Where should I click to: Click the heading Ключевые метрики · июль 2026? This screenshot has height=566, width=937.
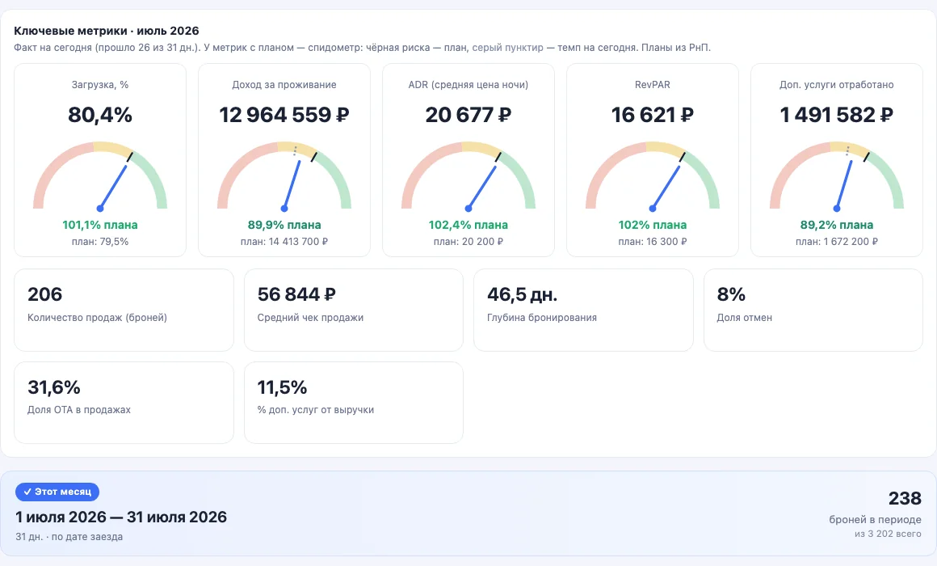[x=107, y=31]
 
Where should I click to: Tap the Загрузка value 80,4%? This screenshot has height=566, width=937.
[x=100, y=114]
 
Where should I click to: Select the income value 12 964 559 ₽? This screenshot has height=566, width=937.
[x=284, y=114]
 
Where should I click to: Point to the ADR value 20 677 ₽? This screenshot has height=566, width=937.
[x=468, y=114]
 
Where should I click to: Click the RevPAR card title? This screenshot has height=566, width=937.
[x=653, y=85]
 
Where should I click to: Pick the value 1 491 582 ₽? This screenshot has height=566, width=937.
[x=837, y=114]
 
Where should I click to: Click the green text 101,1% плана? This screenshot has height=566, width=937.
[x=100, y=225]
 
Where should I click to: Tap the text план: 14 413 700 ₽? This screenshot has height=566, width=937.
[x=284, y=242]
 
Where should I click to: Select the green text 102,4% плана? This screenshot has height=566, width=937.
[x=468, y=225]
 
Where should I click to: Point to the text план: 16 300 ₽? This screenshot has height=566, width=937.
[x=653, y=242]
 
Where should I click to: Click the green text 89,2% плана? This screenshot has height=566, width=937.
[x=837, y=225]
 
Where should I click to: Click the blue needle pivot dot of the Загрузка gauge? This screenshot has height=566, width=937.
[x=100, y=209]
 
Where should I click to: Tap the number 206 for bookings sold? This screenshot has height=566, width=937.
[x=44, y=294]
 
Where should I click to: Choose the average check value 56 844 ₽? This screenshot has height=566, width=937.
[x=296, y=294]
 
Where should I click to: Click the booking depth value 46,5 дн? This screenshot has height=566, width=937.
[x=523, y=294]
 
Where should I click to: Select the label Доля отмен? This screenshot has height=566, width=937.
[x=745, y=318]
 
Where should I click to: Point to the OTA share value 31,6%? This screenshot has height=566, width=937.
[x=54, y=387]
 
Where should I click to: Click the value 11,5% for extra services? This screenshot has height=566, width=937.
[x=282, y=387]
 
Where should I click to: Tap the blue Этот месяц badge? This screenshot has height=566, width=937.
[x=57, y=492]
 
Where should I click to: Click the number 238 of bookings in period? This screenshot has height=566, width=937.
[x=905, y=498]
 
